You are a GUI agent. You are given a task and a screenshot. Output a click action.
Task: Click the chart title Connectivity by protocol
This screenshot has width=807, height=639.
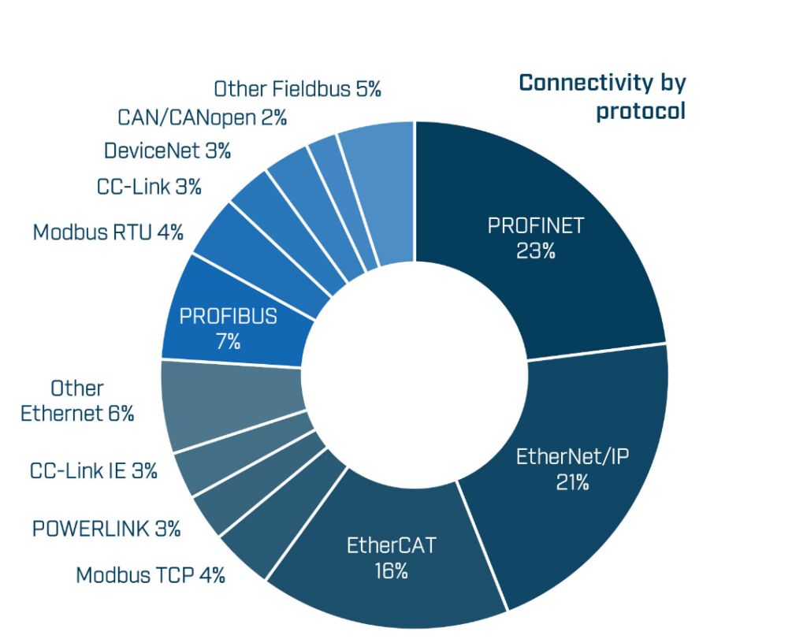(x=602, y=96)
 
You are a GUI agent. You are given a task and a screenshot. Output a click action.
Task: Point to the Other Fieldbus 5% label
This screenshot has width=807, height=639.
(x=297, y=89)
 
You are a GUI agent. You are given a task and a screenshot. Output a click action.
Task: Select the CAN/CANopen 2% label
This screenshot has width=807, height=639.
(x=202, y=118)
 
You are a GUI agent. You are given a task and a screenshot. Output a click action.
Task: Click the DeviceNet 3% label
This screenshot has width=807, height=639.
(x=167, y=150)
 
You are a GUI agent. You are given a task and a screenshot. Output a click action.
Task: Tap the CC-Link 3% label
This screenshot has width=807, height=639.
(x=149, y=188)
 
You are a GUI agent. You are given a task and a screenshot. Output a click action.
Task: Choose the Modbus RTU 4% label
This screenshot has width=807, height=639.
(x=108, y=232)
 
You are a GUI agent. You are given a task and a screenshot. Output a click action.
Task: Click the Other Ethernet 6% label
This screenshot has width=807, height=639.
(x=77, y=401)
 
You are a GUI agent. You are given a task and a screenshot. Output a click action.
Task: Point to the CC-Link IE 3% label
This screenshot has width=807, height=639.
(x=94, y=471)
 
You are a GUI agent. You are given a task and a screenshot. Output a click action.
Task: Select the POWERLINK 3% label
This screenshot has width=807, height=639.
(x=106, y=528)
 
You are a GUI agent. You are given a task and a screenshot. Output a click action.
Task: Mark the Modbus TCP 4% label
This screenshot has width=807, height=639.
(x=151, y=575)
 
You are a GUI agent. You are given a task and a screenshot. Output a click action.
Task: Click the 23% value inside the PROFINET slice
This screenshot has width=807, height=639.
(x=536, y=251)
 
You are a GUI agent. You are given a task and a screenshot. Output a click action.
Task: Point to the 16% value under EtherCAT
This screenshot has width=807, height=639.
(x=391, y=571)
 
